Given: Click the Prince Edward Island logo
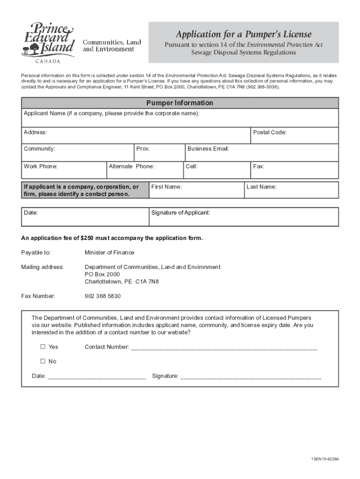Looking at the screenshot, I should point(48,41).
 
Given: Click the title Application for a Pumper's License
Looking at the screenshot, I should point(243,34).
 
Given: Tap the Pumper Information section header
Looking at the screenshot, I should point(180,103).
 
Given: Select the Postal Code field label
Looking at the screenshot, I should point(269,132).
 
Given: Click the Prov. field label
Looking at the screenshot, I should point(143,149).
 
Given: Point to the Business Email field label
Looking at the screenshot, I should point(208,149).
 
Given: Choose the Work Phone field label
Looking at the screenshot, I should point(41,166).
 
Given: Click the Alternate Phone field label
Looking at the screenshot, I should point(131,166).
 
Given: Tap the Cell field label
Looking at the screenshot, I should point(191,166).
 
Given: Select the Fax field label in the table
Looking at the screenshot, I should point(259,166).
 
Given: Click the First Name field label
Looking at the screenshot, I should point(166,187).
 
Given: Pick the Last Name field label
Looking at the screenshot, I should point(261,187).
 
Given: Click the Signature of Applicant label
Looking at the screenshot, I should point(180,213).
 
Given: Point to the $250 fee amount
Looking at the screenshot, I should point(88,238).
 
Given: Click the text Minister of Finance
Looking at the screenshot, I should point(109,253).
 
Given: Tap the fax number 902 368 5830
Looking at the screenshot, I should point(102,296).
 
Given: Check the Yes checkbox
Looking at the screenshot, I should point(43,347).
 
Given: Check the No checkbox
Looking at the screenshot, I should point(43,361).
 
